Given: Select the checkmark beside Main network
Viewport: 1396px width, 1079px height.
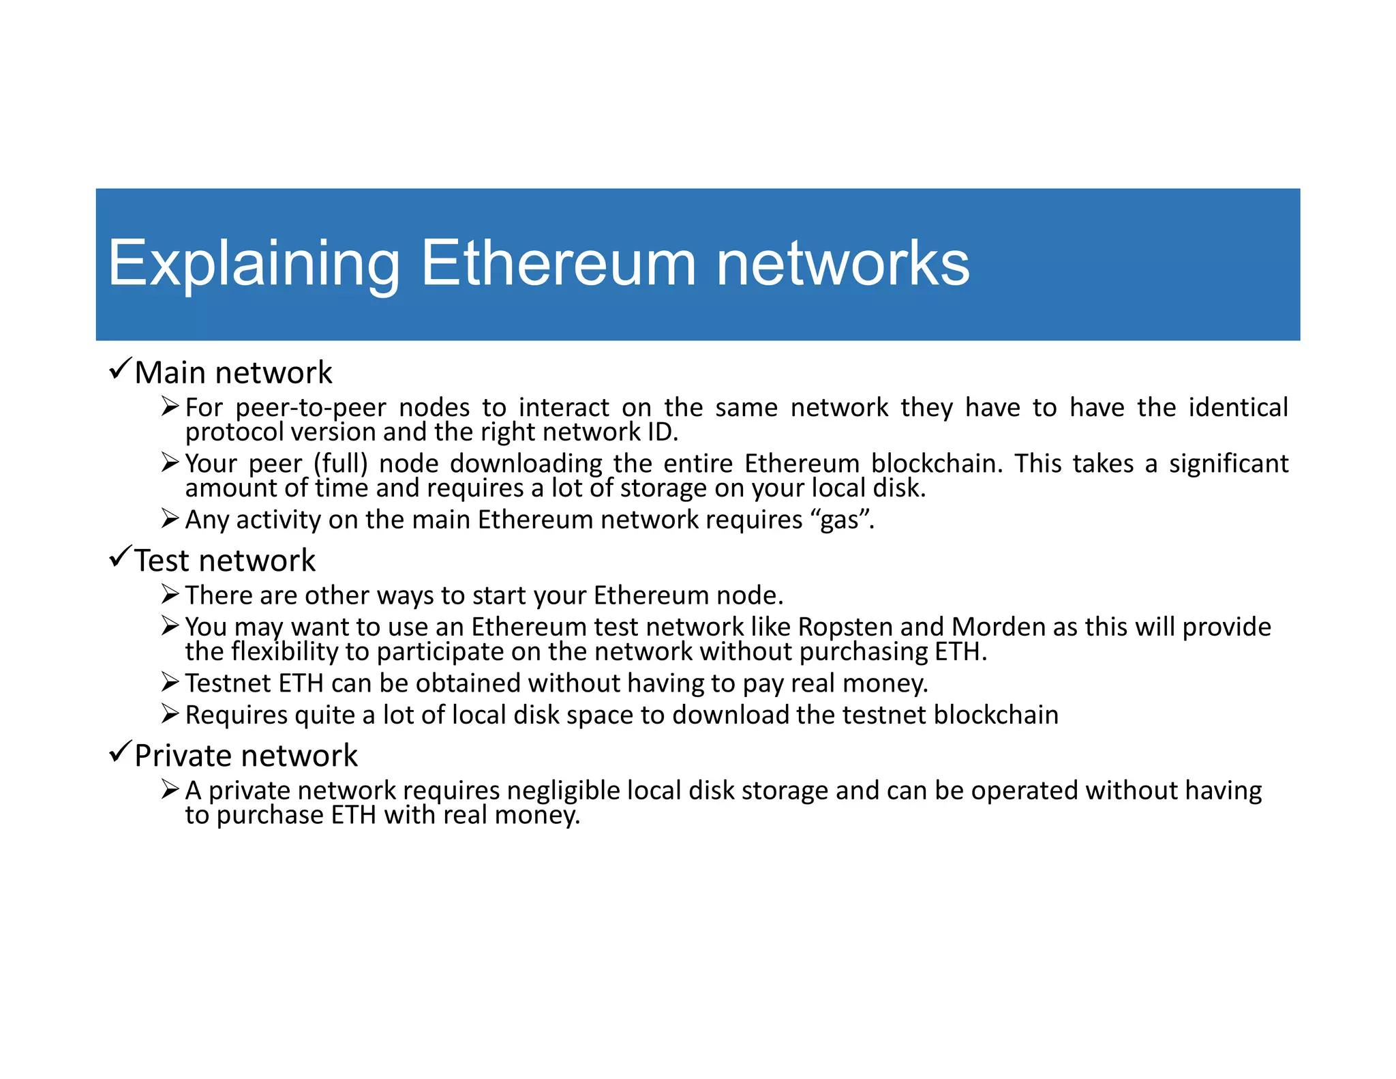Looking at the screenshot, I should coord(120,368).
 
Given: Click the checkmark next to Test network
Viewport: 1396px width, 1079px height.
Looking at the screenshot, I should coord(120,557).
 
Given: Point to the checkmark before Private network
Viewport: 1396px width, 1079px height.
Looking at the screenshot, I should coord(120,752).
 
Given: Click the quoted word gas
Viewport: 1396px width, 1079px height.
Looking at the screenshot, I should coord(839,520).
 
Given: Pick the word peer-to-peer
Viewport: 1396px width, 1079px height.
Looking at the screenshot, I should coord(310,408).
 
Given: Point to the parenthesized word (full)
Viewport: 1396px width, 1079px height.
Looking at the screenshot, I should coord(341,464).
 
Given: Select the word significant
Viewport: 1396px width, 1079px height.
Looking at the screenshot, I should coord(1228,464).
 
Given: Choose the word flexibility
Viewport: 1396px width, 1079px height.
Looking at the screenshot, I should coord(284,652).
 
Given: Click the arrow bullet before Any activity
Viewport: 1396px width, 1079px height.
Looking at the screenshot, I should coord(170,519).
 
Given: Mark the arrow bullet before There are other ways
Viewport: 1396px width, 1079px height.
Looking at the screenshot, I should coord(170,595).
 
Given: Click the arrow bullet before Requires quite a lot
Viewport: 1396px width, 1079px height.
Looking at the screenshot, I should coord(170,714).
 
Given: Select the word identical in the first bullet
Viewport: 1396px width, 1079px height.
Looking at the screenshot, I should coord(1238,408).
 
